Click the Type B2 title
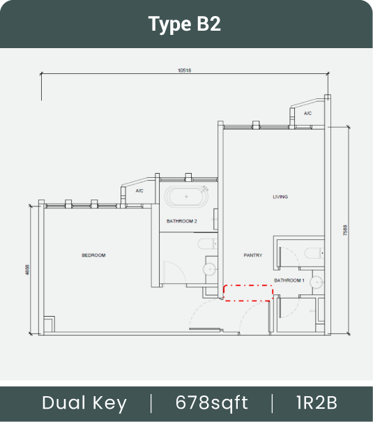[185, 24]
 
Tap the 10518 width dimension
[185, 70]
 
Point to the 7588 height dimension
[345, 230]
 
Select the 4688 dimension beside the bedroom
[27, 270]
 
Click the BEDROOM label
[93, 255]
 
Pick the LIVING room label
[280, 197]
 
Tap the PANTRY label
[253, 255]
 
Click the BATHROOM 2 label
[182, 221]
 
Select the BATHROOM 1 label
[289, 280]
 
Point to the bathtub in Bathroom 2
[186, 197]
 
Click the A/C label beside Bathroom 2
[139, 191]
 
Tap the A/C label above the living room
[307, 113]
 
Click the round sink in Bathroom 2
[209, 269]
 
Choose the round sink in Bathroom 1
[317, 282]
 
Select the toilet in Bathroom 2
[208, 244]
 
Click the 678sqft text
[212, 402]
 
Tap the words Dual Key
[84, 403]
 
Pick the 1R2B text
[317, 402]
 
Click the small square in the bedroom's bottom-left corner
[50, 324]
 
